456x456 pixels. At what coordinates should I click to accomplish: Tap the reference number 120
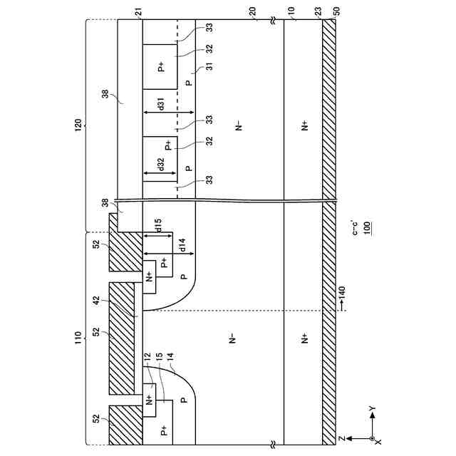coord(78,123)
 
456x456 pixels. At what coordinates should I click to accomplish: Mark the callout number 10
coord(290,13)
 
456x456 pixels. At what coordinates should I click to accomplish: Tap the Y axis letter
coord(370,409)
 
